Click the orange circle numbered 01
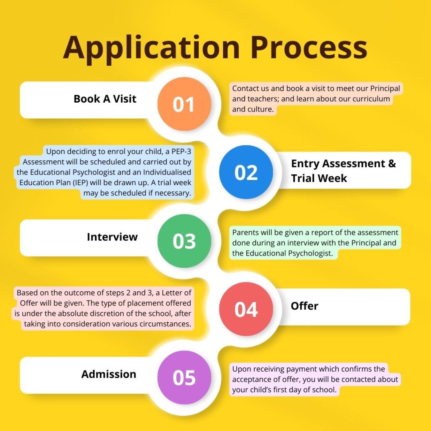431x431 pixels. pos(184,104)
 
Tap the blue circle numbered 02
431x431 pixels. pos(246,172)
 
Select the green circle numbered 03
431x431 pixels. pos(184,241)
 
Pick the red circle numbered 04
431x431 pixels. pos(246,309)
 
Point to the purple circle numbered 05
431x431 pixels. pos(184,378)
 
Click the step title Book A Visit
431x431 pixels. pos(105,99)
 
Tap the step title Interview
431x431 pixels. pos(112,237)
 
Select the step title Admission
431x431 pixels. pos(109,374)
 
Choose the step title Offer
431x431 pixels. pos(305,306)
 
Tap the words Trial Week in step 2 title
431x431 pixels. pos(319,178)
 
